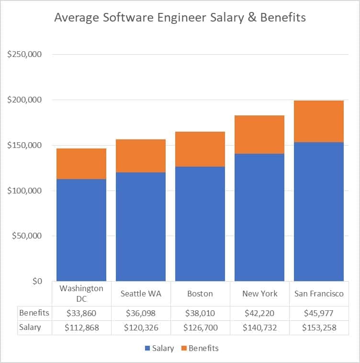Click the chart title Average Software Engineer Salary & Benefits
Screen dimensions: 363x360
click(x=180, y=18)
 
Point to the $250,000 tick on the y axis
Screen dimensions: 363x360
click(x=25, y=55)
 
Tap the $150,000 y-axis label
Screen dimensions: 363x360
click(x=25, y=145)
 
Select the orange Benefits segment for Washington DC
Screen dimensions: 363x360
click(x=81, y=164)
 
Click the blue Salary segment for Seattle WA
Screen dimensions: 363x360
click(x=141, y=227)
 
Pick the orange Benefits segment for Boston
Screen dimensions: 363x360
click(x=200, y=149)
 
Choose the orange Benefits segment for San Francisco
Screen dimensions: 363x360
click(x=319, y=121)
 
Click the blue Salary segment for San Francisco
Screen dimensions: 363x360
click(x=319, y=211)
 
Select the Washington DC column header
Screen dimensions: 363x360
click(x=81, y=294)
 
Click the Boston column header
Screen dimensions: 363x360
click(x=200, y=294)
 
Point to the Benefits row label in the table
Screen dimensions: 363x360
click(x=34, y=313)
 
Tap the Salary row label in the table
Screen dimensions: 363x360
click(x=30, y=328)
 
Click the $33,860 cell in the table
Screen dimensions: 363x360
click(x=81, y=313)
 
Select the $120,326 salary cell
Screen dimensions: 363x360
click(x=141, y=328)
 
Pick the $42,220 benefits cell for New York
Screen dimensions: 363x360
click(x=259, y=313)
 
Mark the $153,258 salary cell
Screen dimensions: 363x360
click(x=319, y=328)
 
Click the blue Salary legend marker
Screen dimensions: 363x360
click(x=146, y=349)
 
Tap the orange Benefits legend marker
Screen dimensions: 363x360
click(x=183, y=349)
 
